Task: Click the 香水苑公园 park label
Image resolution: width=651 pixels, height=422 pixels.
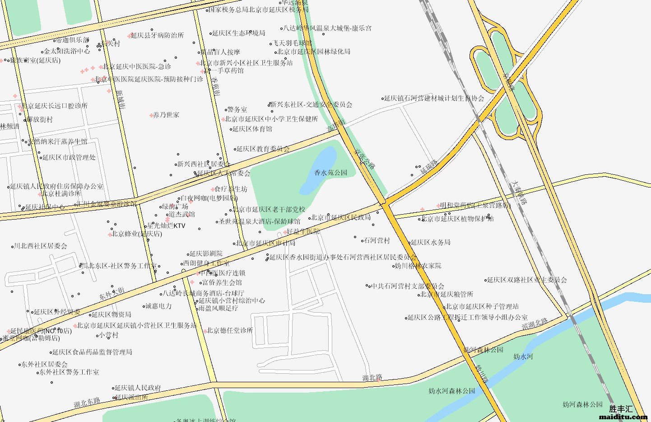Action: click(x=331, y=173)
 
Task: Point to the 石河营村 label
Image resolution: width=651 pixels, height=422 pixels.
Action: click(x=377, y=240)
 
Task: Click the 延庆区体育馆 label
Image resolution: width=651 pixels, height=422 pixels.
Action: click(x=252, y=129)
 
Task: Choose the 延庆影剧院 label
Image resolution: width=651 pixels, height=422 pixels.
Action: click(x=206, y=254)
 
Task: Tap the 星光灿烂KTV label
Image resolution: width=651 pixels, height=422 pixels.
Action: click(x=166, y=226)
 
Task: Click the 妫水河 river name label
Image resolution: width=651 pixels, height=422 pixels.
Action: click(x=523, y=356)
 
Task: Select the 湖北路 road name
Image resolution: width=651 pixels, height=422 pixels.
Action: click(x=372, y=378)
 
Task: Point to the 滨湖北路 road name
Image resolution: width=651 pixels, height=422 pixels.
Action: click(x=535, y=324)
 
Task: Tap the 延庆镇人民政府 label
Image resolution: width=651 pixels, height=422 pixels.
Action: click(x=138, y=388)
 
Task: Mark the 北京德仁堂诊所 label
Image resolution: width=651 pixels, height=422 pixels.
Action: click(x=230, y=331)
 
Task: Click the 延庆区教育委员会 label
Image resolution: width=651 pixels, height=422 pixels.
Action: click(x=263, y=149)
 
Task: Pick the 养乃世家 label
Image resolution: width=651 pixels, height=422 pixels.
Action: click(x=166, y=115)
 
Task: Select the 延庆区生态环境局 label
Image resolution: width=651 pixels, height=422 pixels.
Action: click(x=238, y=33)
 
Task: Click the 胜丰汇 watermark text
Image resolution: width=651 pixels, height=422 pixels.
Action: click(x=621, y=409)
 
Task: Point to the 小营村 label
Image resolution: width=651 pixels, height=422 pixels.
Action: click(x=109, y=335)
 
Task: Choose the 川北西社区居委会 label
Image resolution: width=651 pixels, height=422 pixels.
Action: click(x=41, y=246)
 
